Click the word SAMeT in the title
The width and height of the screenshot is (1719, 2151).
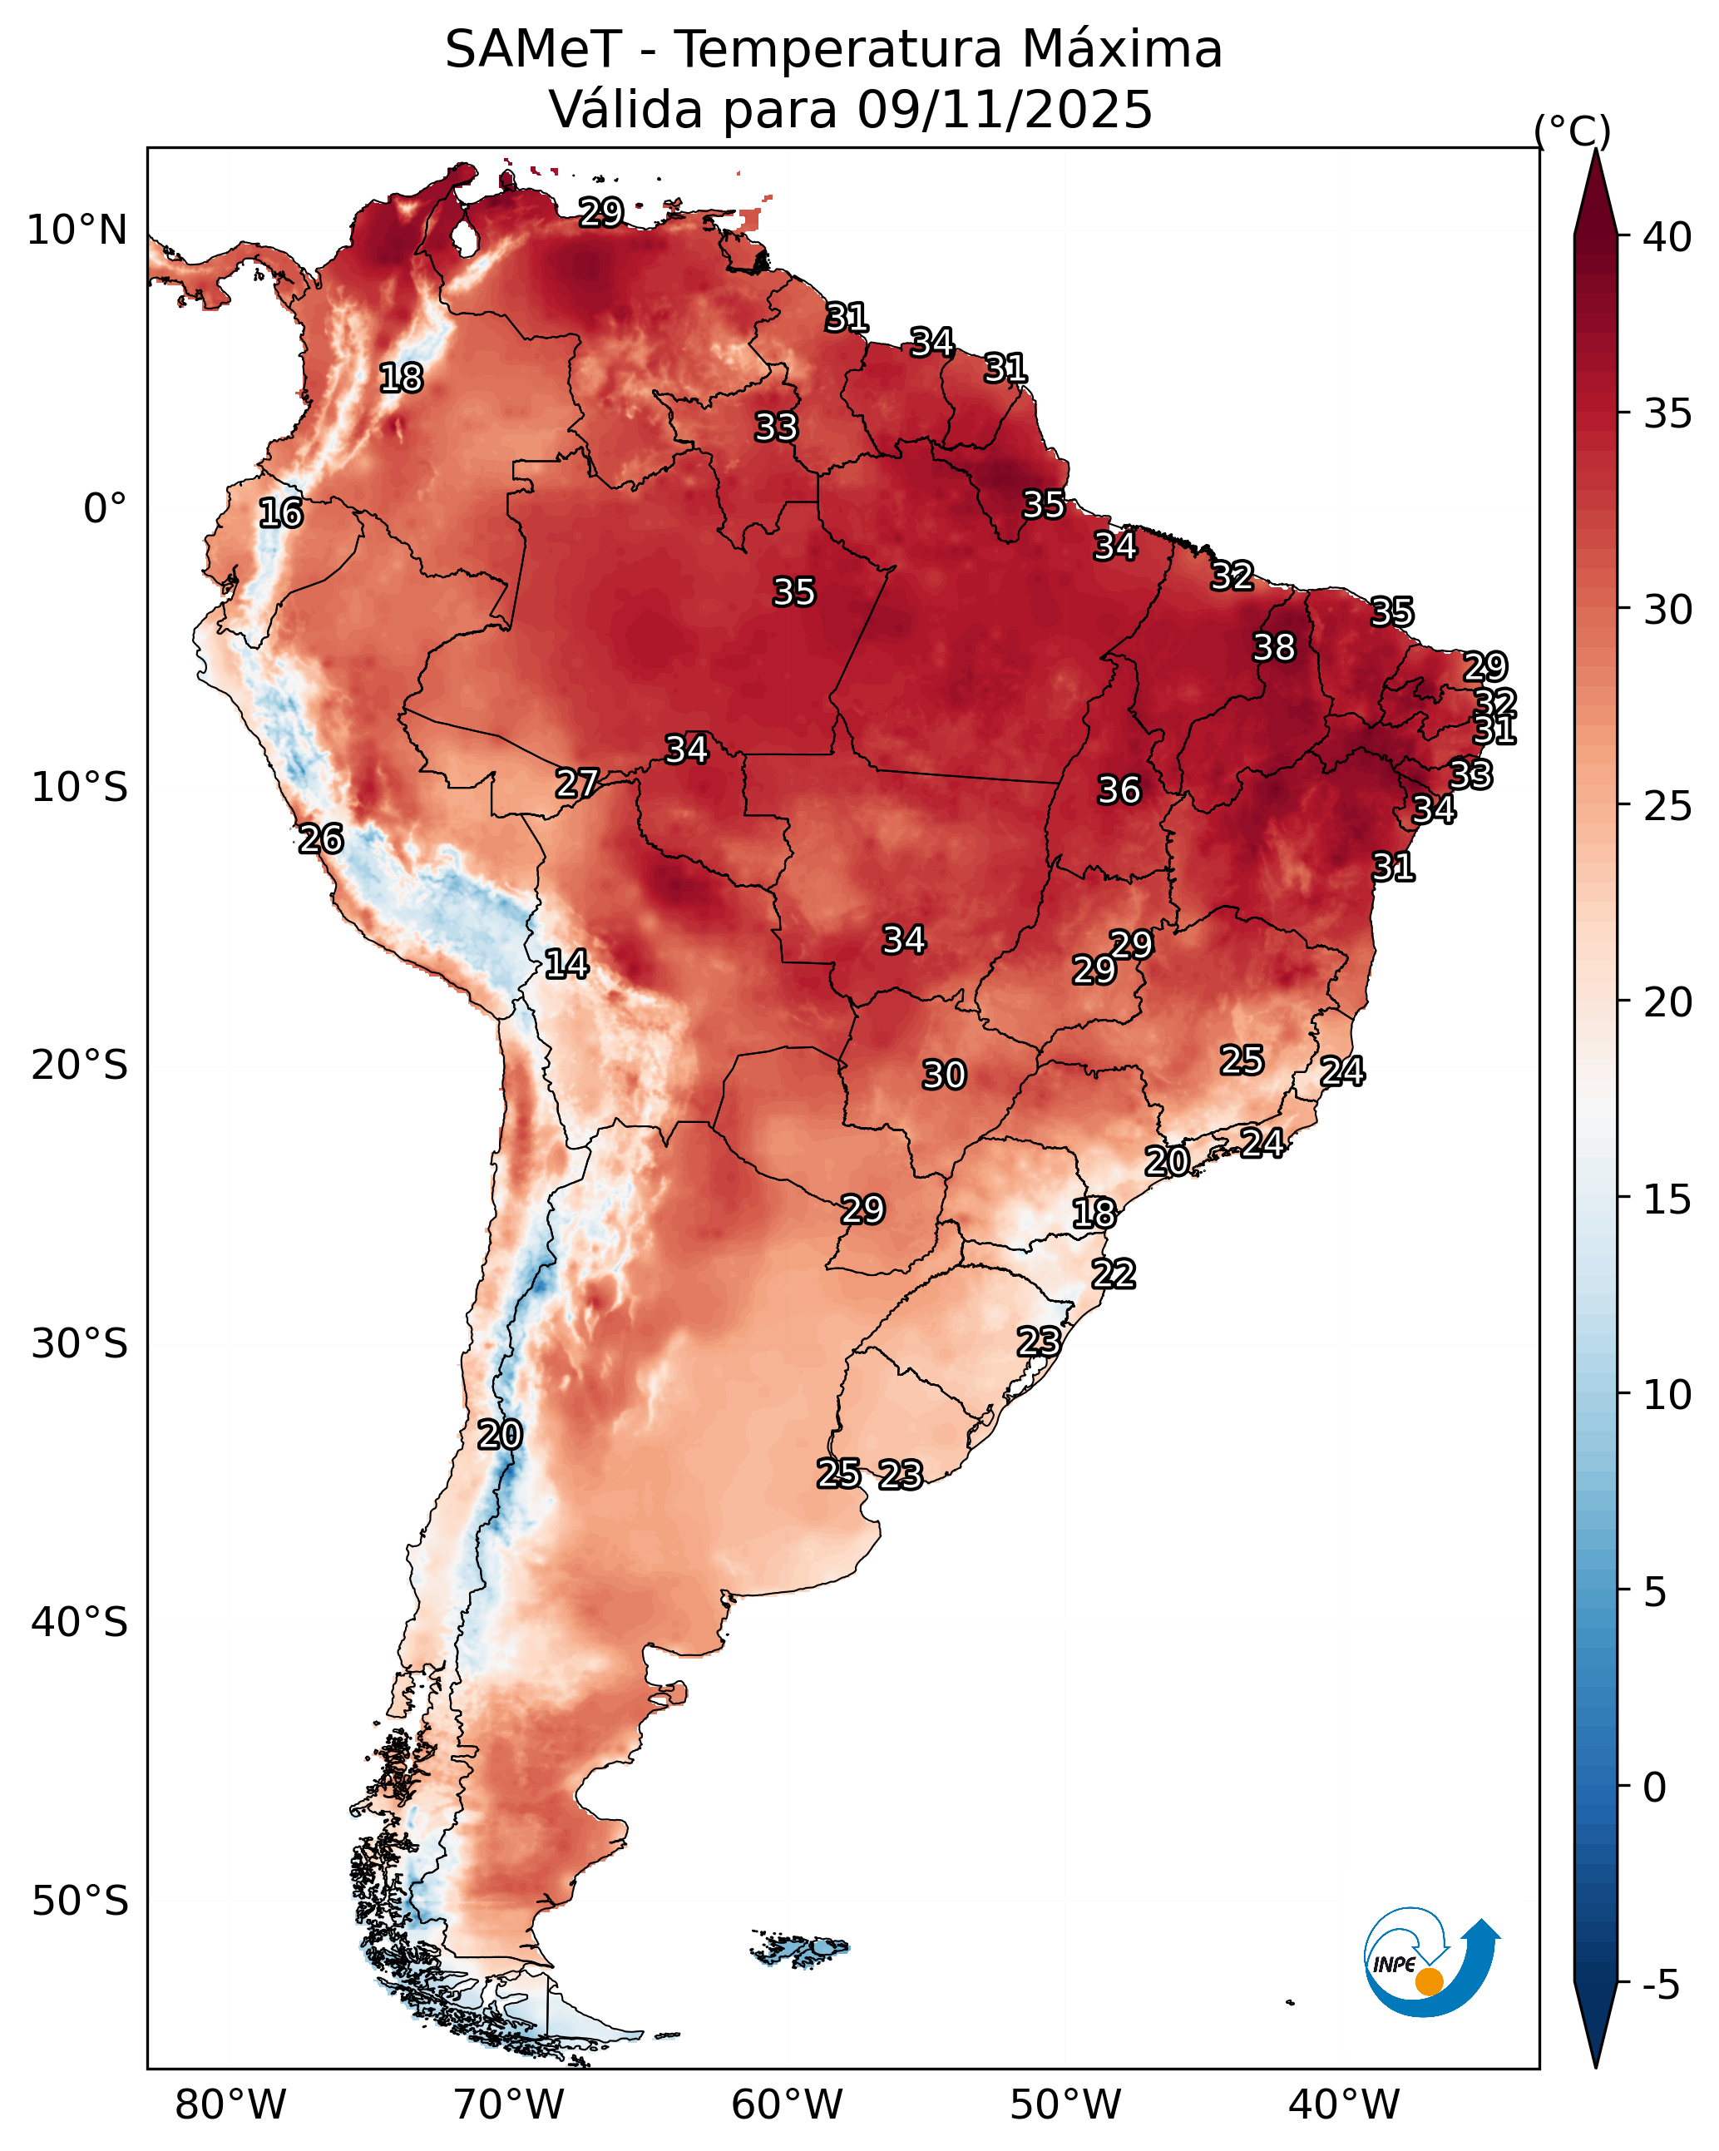[533, 49]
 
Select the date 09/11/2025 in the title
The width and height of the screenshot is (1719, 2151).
[1005, 109]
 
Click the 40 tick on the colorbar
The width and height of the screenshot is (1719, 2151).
[1667, 237]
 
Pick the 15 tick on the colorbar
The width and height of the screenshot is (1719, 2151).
[1667, 1199]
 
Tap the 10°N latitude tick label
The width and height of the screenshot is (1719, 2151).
[77, 230]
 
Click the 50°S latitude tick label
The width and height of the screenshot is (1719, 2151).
[80, 1901]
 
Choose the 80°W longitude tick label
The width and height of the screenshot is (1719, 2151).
[230, 2104]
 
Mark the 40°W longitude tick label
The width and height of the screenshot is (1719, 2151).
[1344, 2104]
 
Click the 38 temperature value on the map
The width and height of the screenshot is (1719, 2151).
[1274, 647]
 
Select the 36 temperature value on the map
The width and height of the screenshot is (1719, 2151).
[1119, 790]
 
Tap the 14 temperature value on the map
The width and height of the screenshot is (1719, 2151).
[566, 964]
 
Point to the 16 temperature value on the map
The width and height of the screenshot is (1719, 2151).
[280, 513]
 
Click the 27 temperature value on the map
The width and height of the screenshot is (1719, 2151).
[576, 784]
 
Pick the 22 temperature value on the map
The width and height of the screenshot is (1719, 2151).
[1114, 1274]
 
